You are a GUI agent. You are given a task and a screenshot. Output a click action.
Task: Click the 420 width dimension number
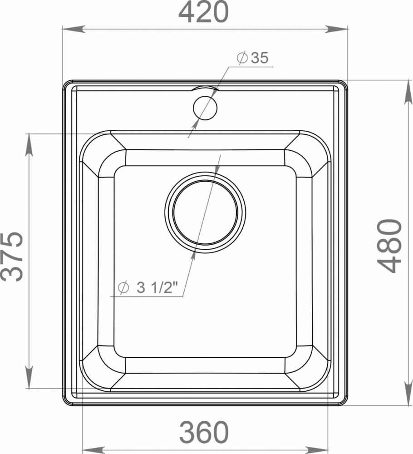point(203,12)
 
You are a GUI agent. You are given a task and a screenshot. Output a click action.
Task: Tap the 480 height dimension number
point(389,246)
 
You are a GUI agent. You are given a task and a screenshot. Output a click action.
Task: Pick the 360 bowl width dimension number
point(204,432)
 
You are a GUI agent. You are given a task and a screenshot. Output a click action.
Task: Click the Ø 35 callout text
point(252,58)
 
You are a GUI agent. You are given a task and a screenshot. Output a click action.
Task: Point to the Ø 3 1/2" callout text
point(147,287)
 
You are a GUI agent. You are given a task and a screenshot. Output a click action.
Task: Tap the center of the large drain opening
point(205,212)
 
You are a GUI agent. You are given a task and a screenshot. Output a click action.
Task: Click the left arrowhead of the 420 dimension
point(74,29)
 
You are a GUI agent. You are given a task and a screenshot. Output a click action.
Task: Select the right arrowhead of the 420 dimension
point(336,29)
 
